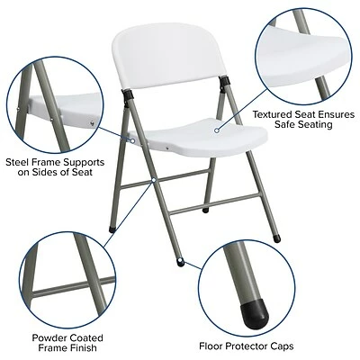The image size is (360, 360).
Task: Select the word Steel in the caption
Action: (x=20, y=162)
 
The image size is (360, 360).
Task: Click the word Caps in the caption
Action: (x=283, y=344)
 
